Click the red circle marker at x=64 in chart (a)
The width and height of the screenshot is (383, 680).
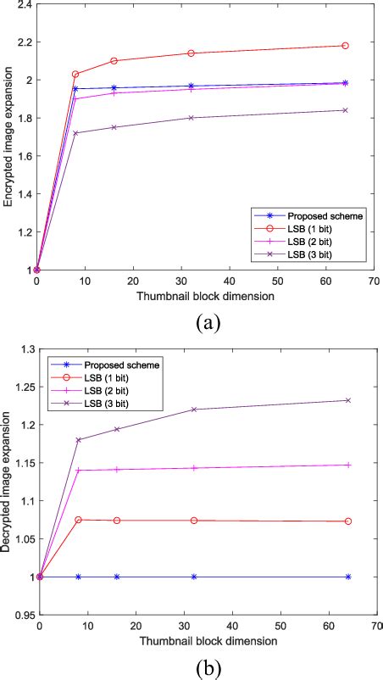pos(345,46)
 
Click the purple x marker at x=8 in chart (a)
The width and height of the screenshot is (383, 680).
pos(75,133)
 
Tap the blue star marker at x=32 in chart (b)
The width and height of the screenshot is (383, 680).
pos(194,577)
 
